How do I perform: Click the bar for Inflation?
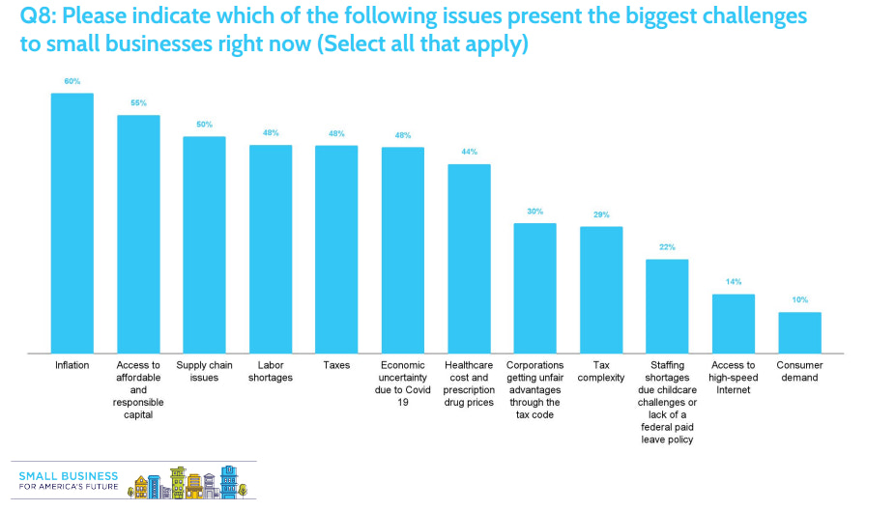tap(72, 222)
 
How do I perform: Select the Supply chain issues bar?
tap(204, 244)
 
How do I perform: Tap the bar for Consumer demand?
tap(799, 332)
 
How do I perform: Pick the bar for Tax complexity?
tap(601, 290)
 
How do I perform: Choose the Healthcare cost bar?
tap(469, 258)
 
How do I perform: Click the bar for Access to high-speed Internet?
tap(734, 324)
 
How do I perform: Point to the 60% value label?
tap(72, 82)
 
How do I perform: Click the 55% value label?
tap(138, 102)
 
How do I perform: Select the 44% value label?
tap(469, 153)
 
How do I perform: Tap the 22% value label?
tap(667, 247)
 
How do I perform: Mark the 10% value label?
tap(799, 300)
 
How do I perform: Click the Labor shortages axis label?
tap(271, 372)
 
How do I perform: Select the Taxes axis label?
tap(336, 365)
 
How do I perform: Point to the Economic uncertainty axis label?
tap(402, 383)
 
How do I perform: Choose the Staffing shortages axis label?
tap(667, 402)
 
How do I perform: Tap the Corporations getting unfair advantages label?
tap(534, 390)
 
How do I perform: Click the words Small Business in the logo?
tap(69, 475)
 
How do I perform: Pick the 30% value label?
tap(534, 212)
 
